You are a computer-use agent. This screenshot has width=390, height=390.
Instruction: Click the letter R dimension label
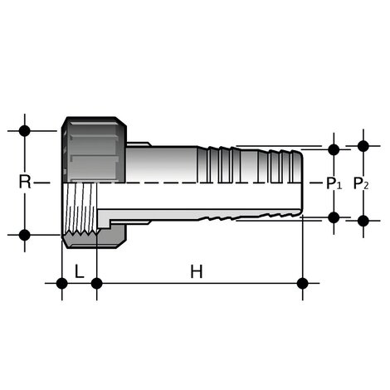[x=25, y=182]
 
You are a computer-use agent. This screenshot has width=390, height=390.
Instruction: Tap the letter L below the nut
[x=79, y=271]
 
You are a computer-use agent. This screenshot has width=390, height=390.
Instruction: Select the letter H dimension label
[x=196, y=271]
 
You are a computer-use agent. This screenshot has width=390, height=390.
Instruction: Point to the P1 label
[x=334, y=183]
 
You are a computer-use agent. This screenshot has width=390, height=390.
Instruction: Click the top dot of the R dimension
[x=25, y=130]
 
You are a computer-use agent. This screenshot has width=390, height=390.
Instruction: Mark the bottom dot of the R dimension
[x=25, y=235]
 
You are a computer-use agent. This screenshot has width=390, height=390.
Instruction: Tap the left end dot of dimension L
[x=61, y=283]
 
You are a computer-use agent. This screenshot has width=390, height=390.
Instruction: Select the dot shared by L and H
[x=96, y=283]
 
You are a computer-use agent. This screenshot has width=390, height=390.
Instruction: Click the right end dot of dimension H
[x=302, y=283]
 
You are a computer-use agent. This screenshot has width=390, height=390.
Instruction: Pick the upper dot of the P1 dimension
[x=334, y=150]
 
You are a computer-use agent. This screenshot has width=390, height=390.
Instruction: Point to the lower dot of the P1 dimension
[x=334, y=217]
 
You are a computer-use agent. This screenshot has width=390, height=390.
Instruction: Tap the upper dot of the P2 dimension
[x=363, y=146]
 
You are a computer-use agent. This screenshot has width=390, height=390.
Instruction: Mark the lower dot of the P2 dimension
[x=363, y=221]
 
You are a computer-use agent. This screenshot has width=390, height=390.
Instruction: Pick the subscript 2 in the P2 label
[x=367, y=187]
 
